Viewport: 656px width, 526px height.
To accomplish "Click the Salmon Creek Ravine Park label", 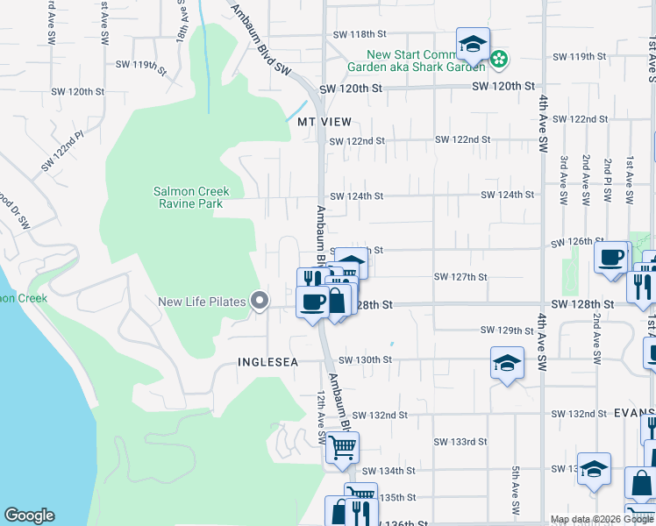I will (x=190, y=197).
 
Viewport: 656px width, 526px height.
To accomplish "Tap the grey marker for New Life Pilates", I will (x=259, y=302).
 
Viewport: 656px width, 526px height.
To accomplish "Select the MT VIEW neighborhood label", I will (x=324, y=122).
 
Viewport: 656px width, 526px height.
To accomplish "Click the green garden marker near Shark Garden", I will (x=499, y=60).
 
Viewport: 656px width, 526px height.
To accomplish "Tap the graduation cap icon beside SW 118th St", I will (x=473, y=44).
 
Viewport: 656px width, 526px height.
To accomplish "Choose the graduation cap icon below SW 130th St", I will (x=507, y=363).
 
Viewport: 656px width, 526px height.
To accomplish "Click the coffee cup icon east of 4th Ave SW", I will (x=611, y=257).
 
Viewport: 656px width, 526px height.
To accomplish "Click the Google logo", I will (x=29, y=515).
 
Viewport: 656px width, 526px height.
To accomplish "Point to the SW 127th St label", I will (x=460, y=277).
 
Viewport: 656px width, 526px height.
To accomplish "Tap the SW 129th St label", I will (x=508, y=331).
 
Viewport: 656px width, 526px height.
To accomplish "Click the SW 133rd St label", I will (x=460, y=442).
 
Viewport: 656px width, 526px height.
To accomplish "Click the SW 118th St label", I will (x=360, y=35).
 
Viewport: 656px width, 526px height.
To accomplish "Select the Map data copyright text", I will (x=601, y=519).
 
